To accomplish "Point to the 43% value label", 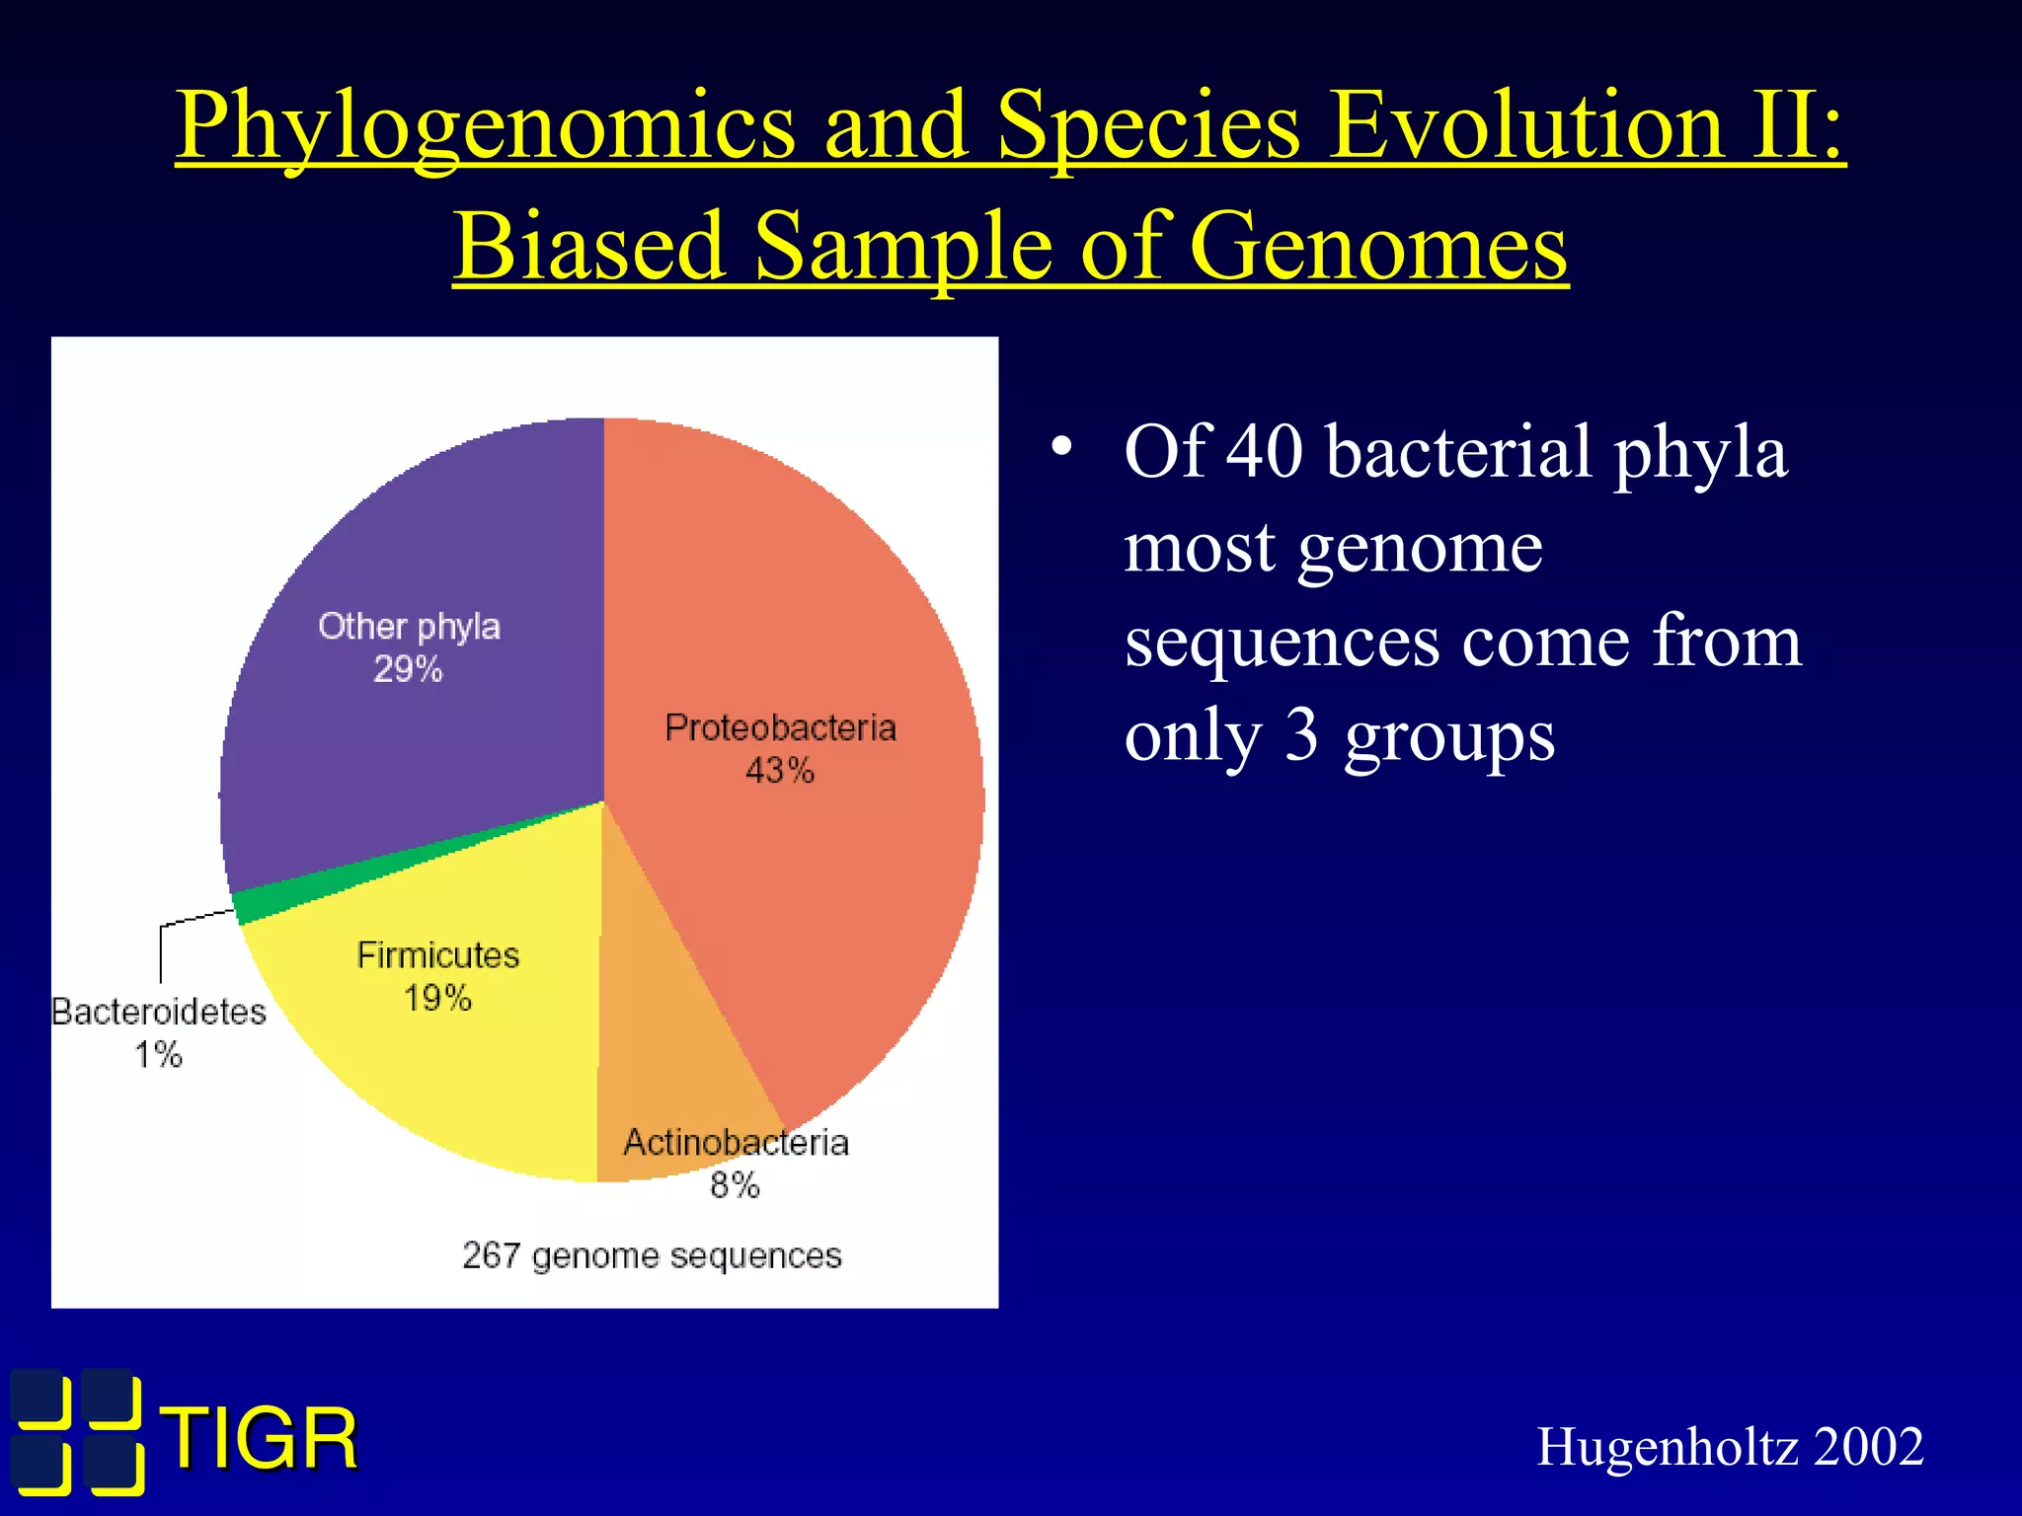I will point(779,771).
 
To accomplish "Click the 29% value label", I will point(408,670).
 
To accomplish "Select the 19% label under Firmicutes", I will point(437,999).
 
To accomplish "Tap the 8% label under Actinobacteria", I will point(735,1185).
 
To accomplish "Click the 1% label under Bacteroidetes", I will point(158,1055).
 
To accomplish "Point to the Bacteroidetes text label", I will point(159,1013).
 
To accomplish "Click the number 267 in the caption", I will point(491,1255).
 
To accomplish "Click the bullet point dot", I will point(1061,447).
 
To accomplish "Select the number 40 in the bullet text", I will point(1264,452).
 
